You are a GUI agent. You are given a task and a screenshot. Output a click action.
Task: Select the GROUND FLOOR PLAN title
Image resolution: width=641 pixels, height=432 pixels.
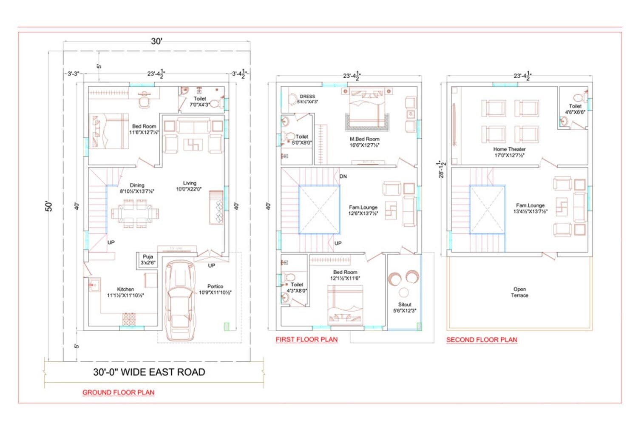118,392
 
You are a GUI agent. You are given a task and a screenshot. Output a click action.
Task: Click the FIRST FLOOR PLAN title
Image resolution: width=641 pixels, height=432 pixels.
306,339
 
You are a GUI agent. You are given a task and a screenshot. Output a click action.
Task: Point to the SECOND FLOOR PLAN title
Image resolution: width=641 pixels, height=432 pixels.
482,340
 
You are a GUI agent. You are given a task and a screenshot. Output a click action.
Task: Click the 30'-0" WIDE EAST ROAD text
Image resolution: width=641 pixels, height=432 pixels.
149,372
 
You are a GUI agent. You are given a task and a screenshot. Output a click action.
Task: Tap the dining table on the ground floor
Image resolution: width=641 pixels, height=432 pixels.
135,212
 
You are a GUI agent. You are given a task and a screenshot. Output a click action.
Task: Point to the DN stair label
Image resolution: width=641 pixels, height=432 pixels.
343,176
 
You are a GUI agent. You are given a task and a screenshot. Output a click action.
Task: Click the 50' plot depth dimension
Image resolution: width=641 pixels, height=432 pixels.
49,206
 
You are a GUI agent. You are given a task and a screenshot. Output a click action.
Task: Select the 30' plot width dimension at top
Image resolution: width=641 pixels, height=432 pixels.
156,41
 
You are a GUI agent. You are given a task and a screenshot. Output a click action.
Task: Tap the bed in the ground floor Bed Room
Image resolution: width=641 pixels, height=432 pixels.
109,131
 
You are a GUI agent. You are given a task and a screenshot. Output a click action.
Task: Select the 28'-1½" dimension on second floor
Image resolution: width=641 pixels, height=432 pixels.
442,169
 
